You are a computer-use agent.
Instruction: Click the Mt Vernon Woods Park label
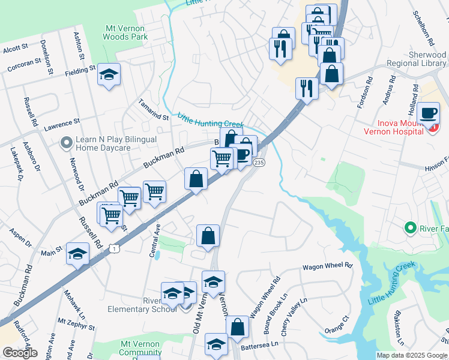pyautogui.click(x=127, y=32)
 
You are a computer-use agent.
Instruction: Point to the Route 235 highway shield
pyautogui.click(x=259, y=163)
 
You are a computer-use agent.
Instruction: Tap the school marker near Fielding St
pyautogui.click(x=109, y=75)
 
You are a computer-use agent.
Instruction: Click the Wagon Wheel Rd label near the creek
pyautogui.click(x=327, y=266)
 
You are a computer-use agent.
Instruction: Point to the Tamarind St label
pyautogui.click(x=153, y=109)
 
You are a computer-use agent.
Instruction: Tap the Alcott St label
pyautogui.click(x=15, y=47)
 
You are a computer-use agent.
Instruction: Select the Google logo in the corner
pyautogui.click(x=20, y=353)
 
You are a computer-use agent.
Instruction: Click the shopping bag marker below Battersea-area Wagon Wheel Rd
pyautogui.click(x=238, y=328)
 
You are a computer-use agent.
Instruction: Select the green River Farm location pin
pyautogui.click(x=411, y=228)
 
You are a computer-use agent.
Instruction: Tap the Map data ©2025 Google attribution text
pyautogui.click(x=412, y=355)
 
